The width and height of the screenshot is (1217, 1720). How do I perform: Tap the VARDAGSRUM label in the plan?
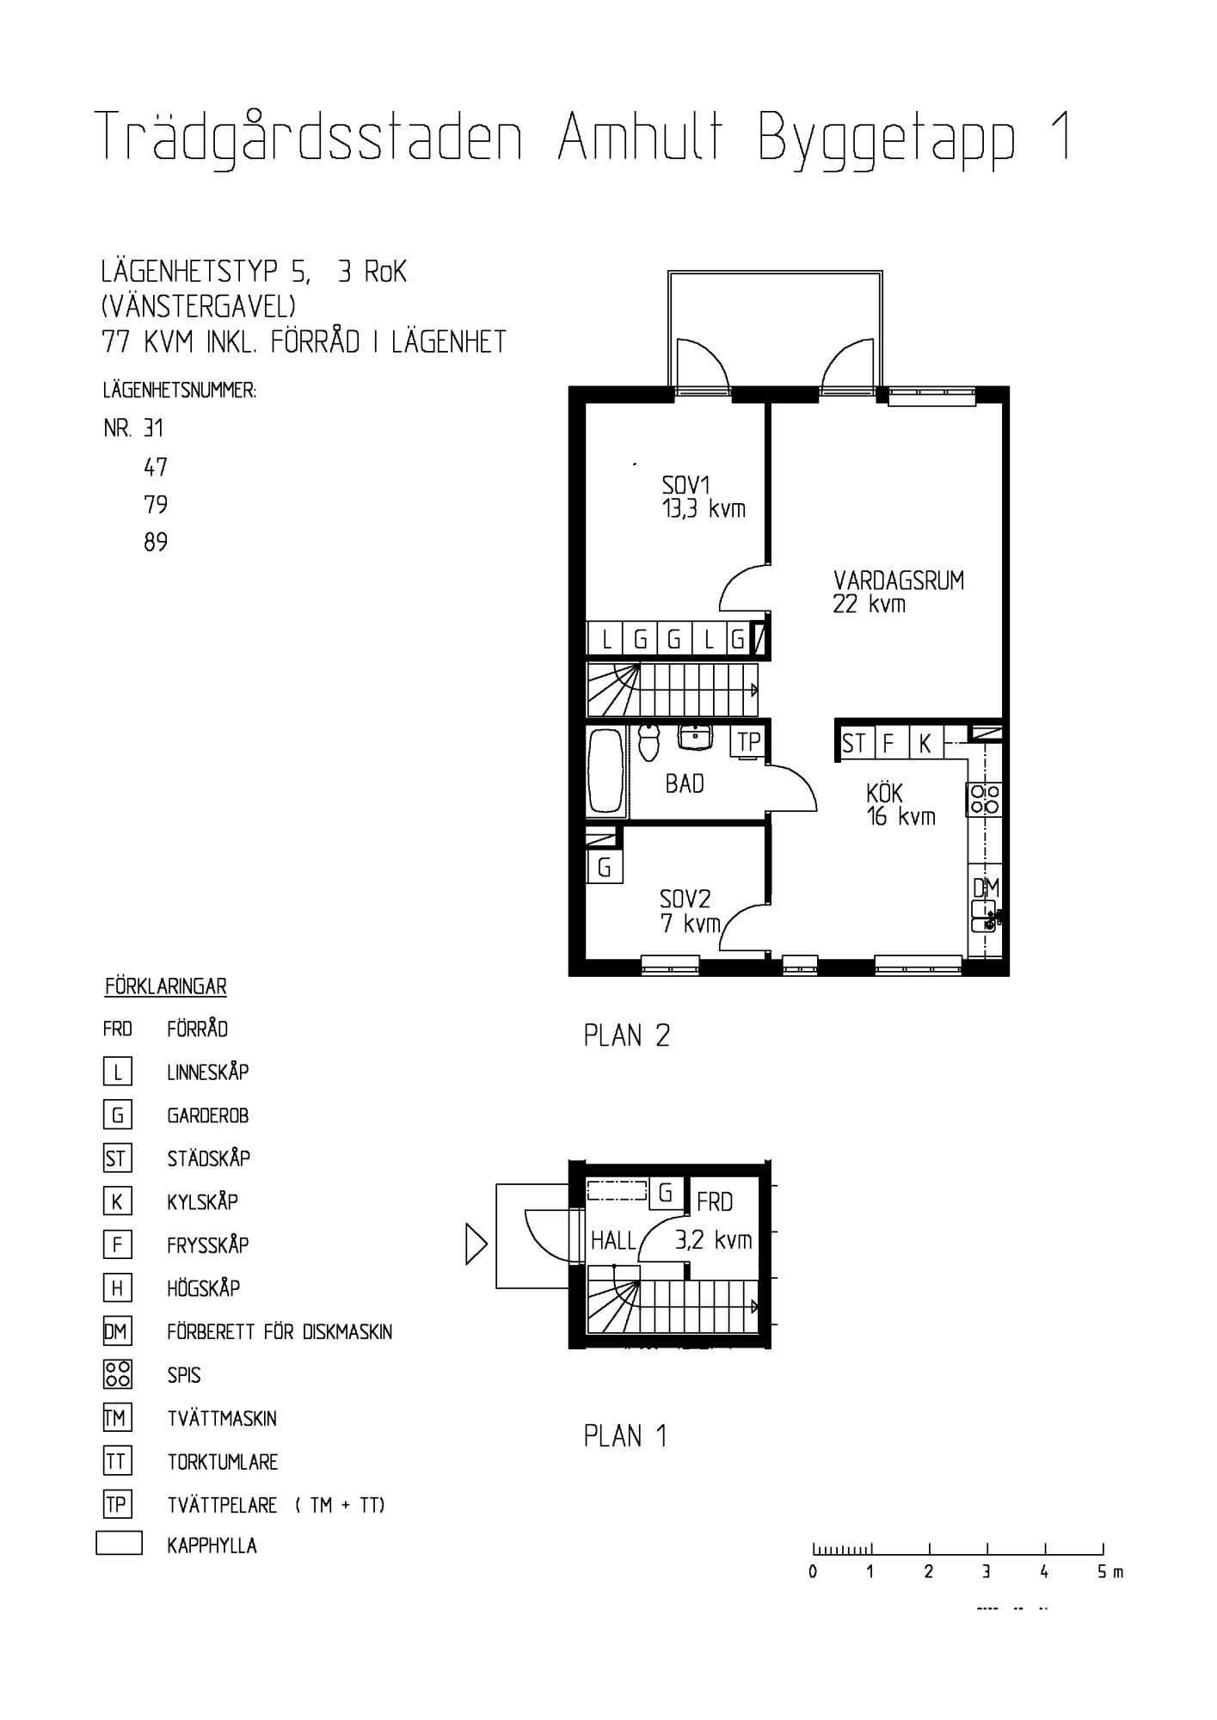[899, 580]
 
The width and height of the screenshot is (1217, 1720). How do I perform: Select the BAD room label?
[685, 783]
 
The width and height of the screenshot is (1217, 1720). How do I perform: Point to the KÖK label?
[884, 793]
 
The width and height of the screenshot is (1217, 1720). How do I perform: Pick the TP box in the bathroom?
[747, 742]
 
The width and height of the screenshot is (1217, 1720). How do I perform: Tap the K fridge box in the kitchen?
[925, 743]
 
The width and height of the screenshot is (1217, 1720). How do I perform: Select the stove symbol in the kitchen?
[985, 799]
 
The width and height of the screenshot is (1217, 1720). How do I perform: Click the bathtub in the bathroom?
[606, 771]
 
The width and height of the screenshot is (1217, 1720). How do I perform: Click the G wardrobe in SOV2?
[605, 868]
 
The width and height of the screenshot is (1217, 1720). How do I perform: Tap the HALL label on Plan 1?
[612, 1240]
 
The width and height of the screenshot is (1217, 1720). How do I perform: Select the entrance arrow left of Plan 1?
[476, 1244]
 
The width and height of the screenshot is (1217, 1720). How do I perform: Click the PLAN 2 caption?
[626, 1035]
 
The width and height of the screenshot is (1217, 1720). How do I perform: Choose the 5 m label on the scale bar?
[1110, 1572]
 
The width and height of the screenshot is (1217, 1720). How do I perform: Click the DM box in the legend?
[116, 1332]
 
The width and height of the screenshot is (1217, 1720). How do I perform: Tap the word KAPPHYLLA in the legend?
[212, 1545]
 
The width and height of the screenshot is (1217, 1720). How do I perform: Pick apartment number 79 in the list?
[156, 504]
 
